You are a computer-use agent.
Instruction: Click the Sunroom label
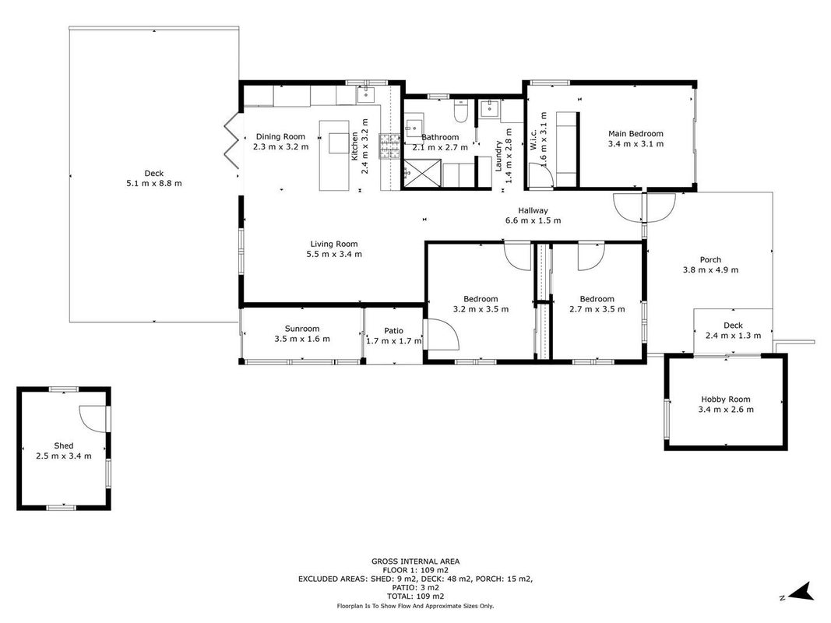(302, 329)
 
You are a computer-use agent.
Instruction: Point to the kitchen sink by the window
(366, 95)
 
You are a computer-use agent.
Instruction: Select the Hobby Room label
(726, 399)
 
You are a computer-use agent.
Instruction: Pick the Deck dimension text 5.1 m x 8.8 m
(153, 183)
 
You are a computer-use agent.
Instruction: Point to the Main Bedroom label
(636, 133)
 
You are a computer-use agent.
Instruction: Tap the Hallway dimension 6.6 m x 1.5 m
(533, 220)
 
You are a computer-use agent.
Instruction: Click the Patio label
(394, 330)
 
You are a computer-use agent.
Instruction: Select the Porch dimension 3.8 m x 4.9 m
(711, 269)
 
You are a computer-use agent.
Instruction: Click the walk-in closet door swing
(541, 174)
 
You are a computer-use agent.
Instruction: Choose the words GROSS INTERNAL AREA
(416, 561)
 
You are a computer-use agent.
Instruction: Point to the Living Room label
(334, 244)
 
